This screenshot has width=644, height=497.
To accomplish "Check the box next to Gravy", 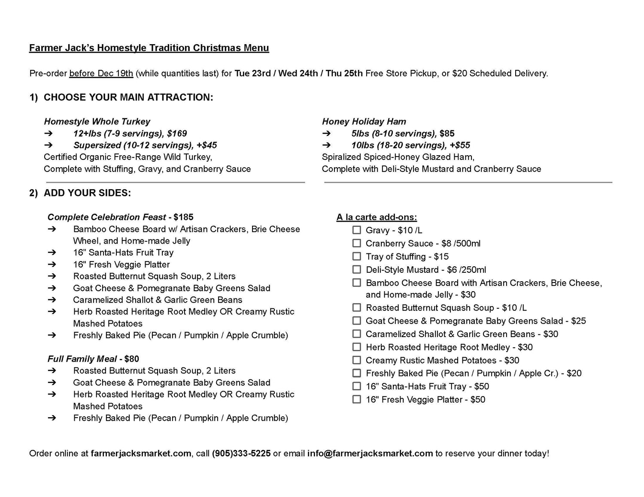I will point(356,230).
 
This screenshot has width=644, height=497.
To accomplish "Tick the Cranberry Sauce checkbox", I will point(356,243).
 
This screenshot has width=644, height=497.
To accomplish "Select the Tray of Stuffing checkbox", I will point(356,256).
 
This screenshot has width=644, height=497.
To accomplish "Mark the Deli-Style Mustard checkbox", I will point(356,269).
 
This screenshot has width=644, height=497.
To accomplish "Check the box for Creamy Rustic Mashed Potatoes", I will point(356,360).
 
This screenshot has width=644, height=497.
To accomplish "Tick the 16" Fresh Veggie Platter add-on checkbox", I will point(356,399).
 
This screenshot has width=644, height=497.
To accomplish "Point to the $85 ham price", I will point(447,133).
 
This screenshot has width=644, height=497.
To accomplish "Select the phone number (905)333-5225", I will point(241,453).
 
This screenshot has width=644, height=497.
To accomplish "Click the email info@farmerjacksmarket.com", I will point(370,453).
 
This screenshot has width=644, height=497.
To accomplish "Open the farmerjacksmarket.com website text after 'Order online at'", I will point(141,453).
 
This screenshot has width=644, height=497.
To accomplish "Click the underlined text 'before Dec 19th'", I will point(101,73).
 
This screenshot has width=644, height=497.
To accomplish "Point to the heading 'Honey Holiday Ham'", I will point(364,121).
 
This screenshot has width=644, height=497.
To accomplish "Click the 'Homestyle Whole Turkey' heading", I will point(97,121).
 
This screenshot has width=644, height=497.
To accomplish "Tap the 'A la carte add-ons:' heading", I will point(377,217).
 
